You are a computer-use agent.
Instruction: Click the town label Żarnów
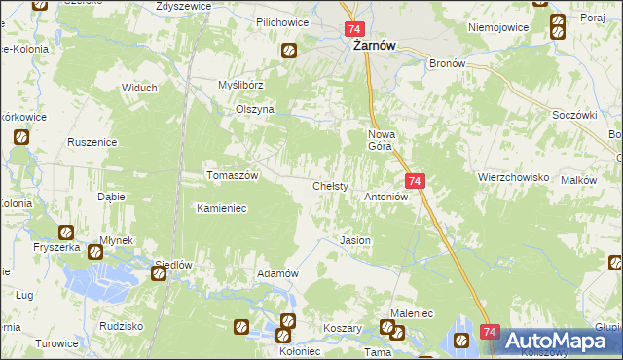click(366, 54)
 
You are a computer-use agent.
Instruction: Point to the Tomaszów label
click(232, 175)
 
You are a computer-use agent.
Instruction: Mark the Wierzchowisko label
click(514, 178)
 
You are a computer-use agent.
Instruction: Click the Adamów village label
click(276, 273)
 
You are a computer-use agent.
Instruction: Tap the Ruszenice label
click(92, 142)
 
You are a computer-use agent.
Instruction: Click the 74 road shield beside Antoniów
click(415, 181)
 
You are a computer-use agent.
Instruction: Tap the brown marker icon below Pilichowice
click(289, 51)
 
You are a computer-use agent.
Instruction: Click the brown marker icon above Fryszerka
click(65, 233)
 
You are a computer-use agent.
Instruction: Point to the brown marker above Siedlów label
click(158, 274)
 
